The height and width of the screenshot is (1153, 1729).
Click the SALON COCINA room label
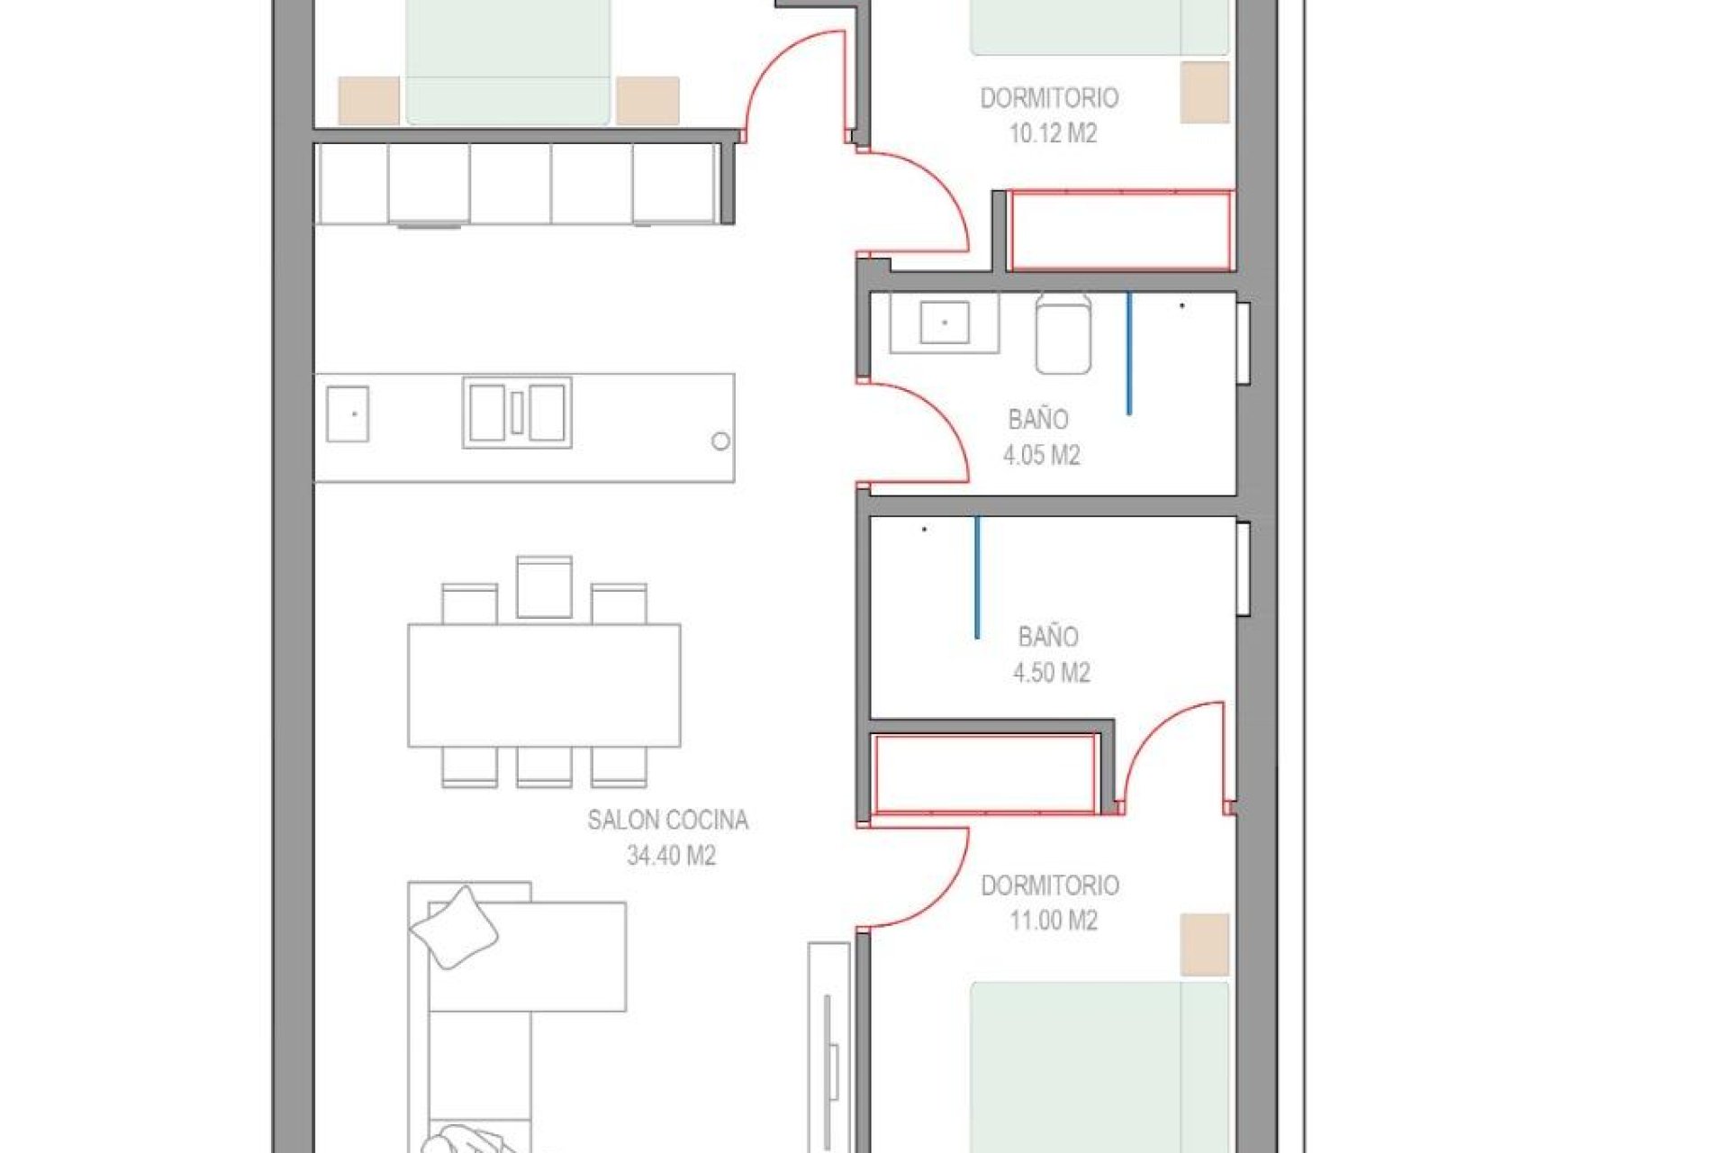tap(667, 820)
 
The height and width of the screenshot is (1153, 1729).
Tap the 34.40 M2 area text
tap(671, 856)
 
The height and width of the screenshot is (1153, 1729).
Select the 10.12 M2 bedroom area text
tap(1052, 134)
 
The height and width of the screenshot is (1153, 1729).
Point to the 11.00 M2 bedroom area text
tap(1053, 921)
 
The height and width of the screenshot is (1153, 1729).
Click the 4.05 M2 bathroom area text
tap(1041, 455)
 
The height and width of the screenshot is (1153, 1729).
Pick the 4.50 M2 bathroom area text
tap(1051, 673)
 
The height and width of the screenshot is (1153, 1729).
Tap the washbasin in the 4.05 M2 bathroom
tap(944, 322)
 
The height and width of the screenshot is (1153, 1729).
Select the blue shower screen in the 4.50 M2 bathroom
tap(977, 576)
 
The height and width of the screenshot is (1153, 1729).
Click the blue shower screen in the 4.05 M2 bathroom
tap(1128, 353)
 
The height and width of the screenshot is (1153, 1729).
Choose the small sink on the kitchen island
tap(347, 413)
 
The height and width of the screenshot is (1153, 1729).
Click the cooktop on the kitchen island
tap(517, 413)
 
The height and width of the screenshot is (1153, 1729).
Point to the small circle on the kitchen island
tap(720, 441)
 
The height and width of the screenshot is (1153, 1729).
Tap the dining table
tap(544, 685)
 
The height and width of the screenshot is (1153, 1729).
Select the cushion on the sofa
tap(454, 927)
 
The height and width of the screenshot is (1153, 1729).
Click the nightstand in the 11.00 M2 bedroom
tap(1204, 944)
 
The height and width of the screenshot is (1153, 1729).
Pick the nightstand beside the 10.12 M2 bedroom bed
tap(1204, 92)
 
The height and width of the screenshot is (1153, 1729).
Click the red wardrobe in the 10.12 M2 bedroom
tap(1120, 231)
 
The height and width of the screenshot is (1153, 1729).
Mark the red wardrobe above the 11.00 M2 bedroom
tap(984, 774)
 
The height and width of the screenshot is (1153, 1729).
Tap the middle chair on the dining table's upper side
tap(544, 587)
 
